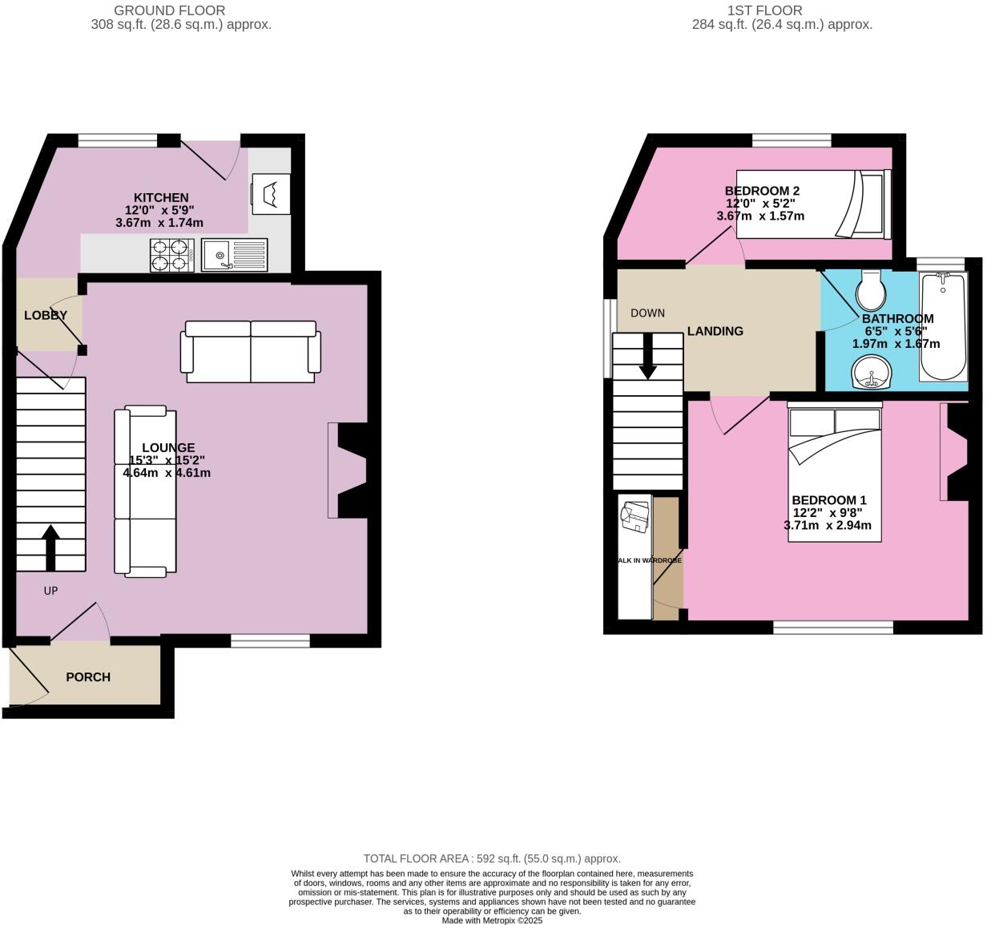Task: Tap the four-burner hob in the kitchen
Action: pos(170,256)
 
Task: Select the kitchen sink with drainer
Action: pos(234,256)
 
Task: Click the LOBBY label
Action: pos(46,315)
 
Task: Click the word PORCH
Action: pos(88,677)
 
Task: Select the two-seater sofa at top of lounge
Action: pos(251,352)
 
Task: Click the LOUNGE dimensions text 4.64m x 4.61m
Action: pos(167,473)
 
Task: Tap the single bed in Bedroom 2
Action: pos(811,204)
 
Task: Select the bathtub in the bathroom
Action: pos(944,326)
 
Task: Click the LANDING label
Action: pos(715,331)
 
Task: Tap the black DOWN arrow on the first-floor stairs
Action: pos(647,356)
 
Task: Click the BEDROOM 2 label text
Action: pos(762,191)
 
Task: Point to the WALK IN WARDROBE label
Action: pos(650,560)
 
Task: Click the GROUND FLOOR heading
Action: pos(169,10)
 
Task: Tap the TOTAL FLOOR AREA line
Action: pos(492,858)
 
